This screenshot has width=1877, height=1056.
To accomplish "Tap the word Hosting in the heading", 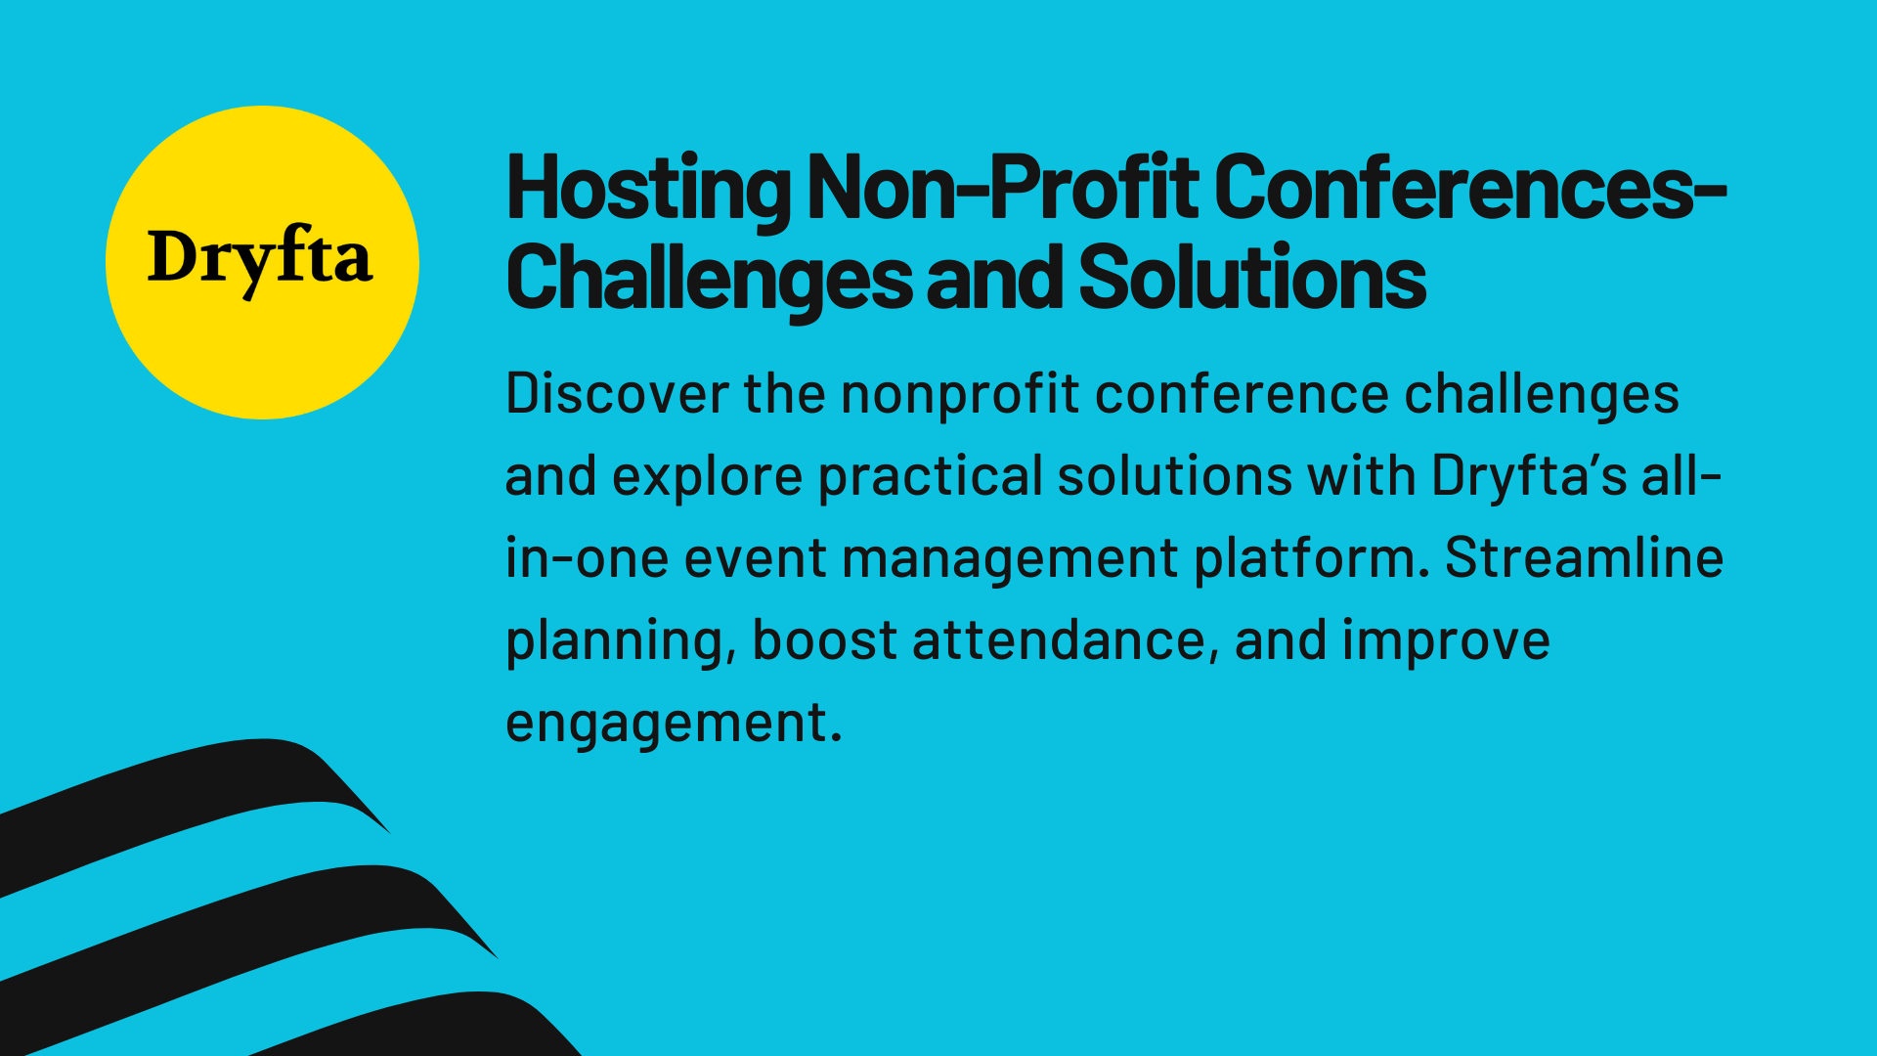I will (647, 188).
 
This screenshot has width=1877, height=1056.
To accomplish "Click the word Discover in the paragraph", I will (617, 394).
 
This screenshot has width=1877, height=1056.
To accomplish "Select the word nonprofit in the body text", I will (960, 394).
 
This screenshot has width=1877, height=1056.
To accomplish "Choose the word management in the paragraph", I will (1010, 558).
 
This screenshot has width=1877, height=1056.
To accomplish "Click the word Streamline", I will (1584, 558).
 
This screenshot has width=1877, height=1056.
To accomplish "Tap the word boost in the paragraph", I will (824, 640).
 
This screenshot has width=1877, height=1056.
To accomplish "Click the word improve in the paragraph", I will (1446, 640).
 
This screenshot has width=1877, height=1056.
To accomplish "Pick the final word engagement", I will (673, 724).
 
